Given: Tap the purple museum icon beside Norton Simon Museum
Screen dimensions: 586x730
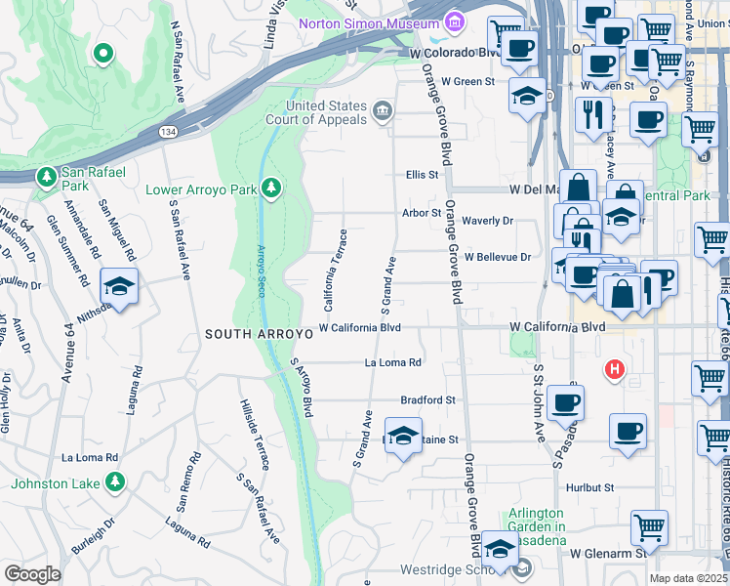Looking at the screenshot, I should pyautogui.click(x=453, y=21).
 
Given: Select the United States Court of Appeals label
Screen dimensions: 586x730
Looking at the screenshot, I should pyautogui.click(x=326, y=112).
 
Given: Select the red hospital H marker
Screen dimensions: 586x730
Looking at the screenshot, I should pyautogui.click(x=614, y=370).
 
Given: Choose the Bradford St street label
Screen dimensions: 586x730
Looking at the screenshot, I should pyautogui.click(x=428, y=400).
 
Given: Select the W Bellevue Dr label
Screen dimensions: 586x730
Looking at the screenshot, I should pyautogui.click(x=498, y=257).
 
